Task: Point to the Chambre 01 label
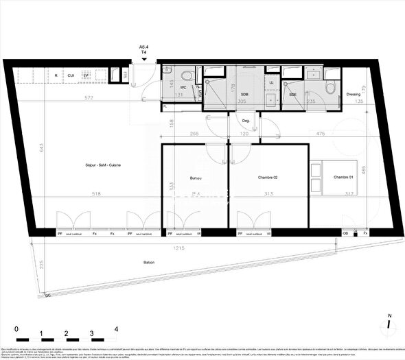click(345, 178)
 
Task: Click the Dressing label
click(353, 95)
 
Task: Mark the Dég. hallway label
click(246, 121)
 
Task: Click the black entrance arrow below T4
click(143, 60)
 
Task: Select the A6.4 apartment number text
click(143, 47)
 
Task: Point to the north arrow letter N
click(389, 317)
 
